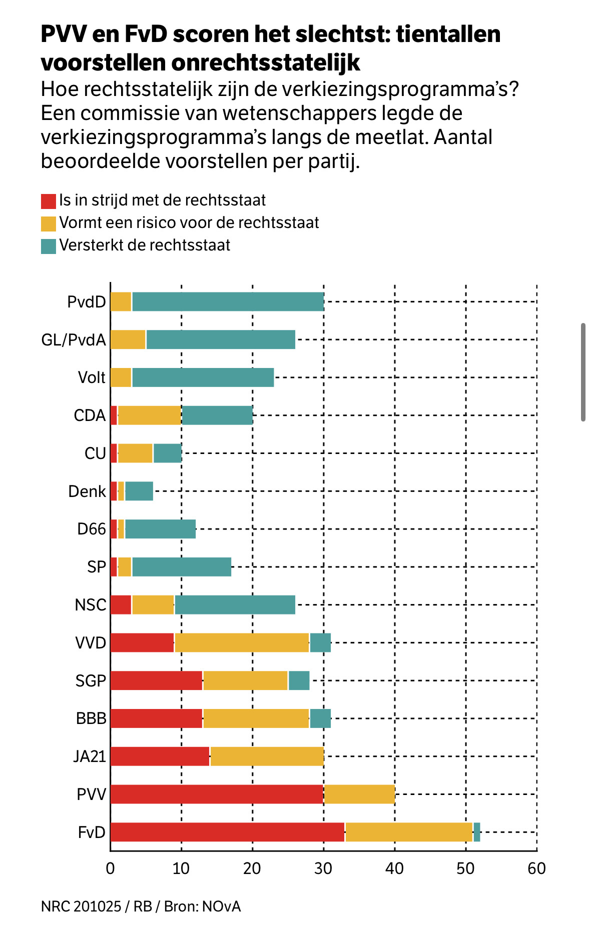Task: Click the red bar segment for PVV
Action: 217,794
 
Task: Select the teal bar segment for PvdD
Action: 228,302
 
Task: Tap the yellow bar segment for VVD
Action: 242,642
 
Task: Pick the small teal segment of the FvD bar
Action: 477,832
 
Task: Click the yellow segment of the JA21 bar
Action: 267,756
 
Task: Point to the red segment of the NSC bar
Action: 121,604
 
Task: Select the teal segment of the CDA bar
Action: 217,415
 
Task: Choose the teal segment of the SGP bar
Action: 299,680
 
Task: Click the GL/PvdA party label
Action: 74,340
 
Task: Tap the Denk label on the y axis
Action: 87,491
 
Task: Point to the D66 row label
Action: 92,529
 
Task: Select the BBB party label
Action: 91,718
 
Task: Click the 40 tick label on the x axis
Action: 394,868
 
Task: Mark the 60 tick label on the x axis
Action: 536,868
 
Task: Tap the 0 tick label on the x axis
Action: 110,868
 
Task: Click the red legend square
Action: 49,201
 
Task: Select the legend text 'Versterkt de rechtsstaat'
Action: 145,245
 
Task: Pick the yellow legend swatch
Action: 49,223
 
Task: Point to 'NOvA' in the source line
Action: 221,906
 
